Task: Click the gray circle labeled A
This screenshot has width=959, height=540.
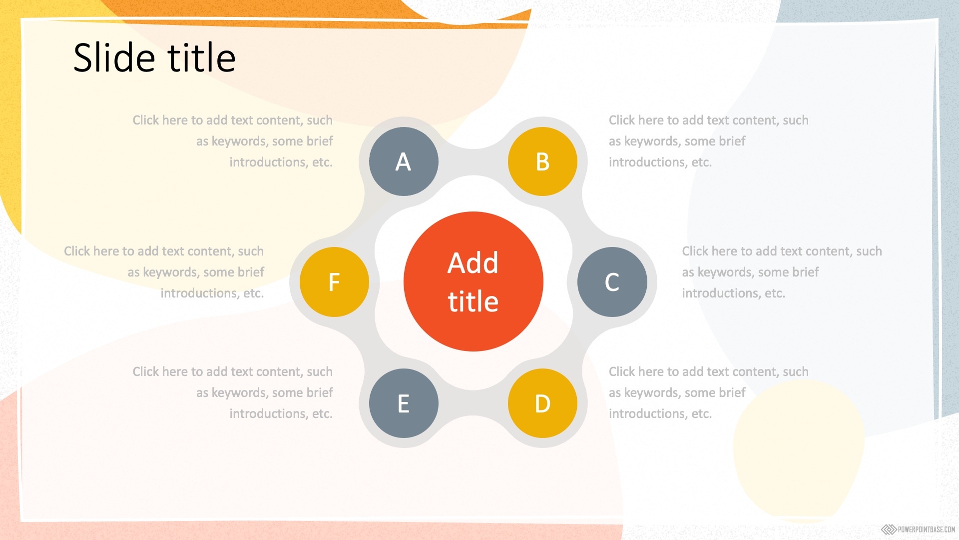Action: click(x=404, y=161)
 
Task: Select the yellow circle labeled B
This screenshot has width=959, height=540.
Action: click(x=542, y=161)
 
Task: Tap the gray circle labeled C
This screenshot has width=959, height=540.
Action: click(x=612, y=282)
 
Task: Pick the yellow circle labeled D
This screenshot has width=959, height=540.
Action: click(x=542, y=403)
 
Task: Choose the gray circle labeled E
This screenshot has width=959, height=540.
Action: click(x=404, y=403)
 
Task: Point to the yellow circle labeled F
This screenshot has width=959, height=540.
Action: click(x=334, y=282)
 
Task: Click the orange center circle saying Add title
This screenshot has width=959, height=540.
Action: click(x=473, y=281)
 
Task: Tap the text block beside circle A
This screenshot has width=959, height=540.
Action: click(x=233, y=141)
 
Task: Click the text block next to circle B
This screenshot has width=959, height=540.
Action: click(x=709, y=141)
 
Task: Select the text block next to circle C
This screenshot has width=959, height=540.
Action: click(x=782, y=272)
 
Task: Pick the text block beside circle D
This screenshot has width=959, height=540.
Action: click(x=709, y=392)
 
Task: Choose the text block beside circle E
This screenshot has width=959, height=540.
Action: click(x=233, y=392)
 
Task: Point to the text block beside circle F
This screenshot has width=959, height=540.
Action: click(x=164, y=272)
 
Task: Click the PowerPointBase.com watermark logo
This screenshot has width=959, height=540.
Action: click(x=918, y=529)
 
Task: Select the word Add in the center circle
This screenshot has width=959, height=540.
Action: click(x=473, y=262)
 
